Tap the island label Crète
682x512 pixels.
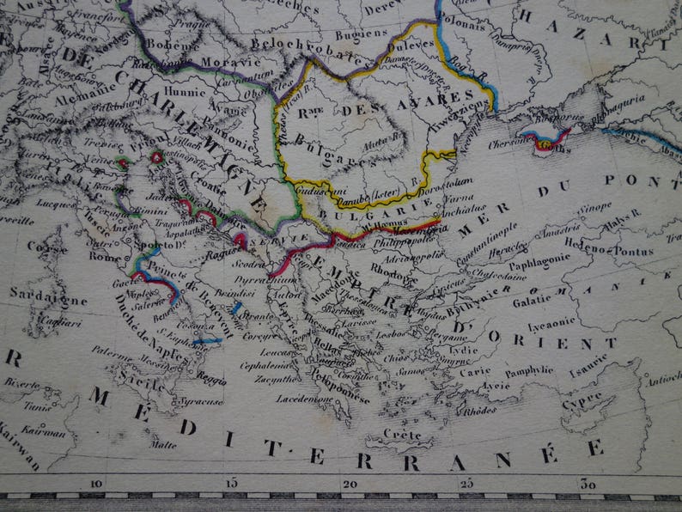403,434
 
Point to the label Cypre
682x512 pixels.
582,402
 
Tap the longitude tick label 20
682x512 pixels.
350,484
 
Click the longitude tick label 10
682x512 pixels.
96,484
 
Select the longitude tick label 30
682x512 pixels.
589,484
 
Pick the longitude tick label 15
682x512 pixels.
229,484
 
